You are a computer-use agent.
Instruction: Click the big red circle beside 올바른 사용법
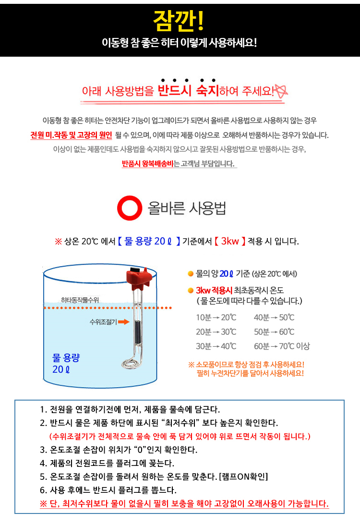click(130, 208)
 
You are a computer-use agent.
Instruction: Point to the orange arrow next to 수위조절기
click(124, 322)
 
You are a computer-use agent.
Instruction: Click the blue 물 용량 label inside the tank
click(68, 358)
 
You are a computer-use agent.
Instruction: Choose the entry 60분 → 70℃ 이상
click(282, 346)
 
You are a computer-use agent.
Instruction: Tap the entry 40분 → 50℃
click(274, 317)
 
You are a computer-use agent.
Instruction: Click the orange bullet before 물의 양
click(191, 274)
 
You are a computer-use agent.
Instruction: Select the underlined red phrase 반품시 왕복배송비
click(147, 164)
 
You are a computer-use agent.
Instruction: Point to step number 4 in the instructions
click(43, 464)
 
